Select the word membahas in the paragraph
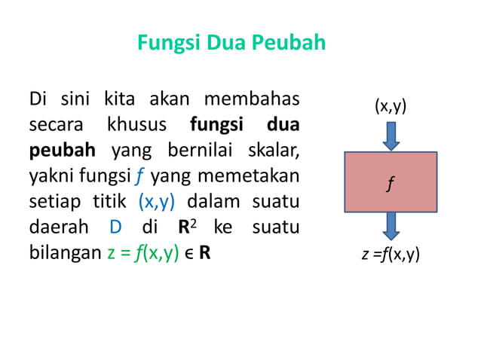pyautogui.click(x=259, y=98)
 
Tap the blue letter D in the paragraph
pyautogui.click(x=115, y=227)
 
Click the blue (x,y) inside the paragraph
pyautogui.click(x=158, y=201)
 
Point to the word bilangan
pyautogui.click(x=63, y=253)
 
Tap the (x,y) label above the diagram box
pyautogui.click(x=391, y=106)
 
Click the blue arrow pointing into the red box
pyautogui.click(x=391, y=136)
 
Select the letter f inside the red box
pyautogui.click(x=390, y=182)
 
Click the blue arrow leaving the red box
pyautogui.click(x=391, y=226)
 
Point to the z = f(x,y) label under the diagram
pyautogui.click(x=391, y=255)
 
